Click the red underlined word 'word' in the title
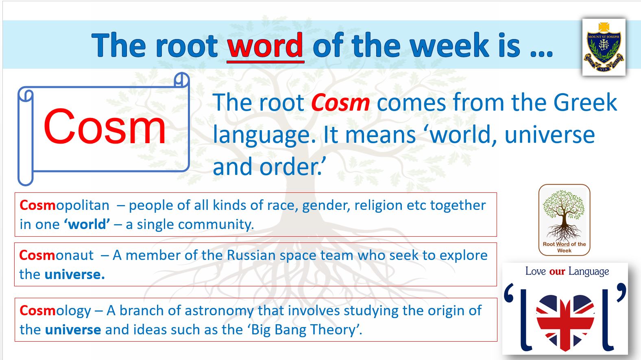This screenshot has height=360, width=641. pyautogui.click(x=265, y=46)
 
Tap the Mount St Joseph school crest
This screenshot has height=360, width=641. pyautogui.click(x=604, y=48)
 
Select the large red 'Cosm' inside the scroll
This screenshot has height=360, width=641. pyautogui.click(x=105, y=126)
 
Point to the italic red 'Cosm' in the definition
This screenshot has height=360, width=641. pyautogui.click(x=340, y=103)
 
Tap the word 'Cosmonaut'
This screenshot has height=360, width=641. pyautogui.click(x=57, y=255)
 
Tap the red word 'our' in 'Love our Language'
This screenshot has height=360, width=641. pyautogui.click(x=557, y=271)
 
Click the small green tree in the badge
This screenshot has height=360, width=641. pyautogui.click(x=564, y=215)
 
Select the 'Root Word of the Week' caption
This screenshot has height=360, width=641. pyautogui.click(x=564, y=247)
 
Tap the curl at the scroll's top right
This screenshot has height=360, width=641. pyautogui.click(x=182, y=80)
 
